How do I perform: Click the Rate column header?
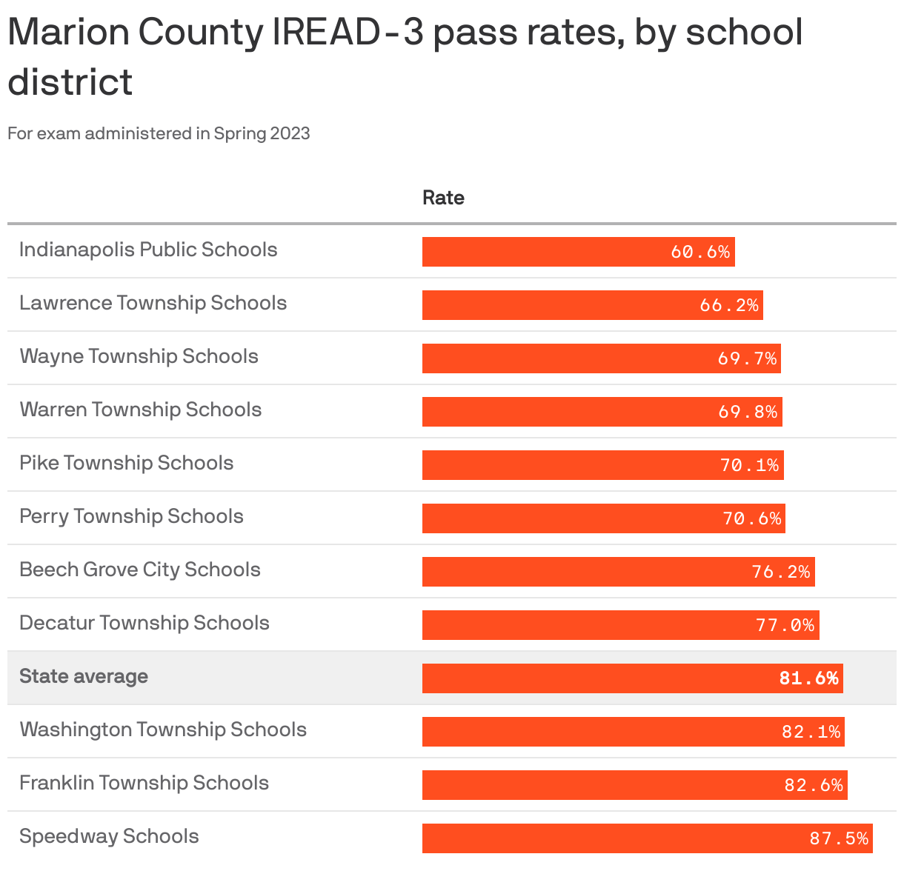443,198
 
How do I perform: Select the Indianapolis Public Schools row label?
148,250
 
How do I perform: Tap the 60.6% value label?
700,252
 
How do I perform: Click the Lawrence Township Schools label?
153,303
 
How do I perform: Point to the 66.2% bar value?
729,305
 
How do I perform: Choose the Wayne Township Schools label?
139,356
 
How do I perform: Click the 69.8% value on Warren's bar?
748,412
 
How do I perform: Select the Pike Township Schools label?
126,463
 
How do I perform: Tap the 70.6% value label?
752,518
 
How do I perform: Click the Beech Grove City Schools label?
140,570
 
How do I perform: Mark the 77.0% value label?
785,625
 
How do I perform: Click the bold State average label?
84,676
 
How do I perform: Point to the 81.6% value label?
808,678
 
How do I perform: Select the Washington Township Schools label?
163,730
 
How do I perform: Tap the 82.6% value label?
814,785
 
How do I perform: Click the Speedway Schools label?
109,836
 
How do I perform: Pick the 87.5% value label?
839,838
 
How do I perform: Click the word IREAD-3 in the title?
348,32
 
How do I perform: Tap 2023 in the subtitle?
290,133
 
